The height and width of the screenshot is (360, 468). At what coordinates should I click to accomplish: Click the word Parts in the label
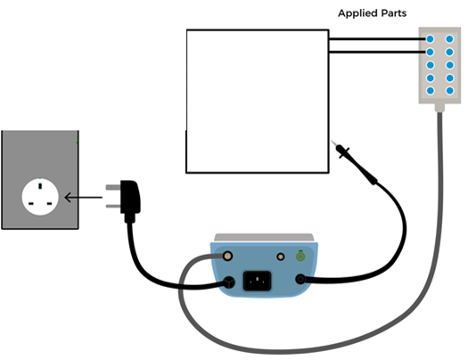tap(394, 13)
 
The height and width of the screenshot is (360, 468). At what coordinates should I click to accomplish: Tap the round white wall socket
tap(40, 197)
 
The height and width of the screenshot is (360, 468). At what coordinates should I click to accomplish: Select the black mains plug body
tap(130, 199)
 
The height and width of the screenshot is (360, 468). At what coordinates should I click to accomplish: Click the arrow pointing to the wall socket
tap(83, 197)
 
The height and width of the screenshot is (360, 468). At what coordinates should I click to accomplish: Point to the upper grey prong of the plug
tap(113, 187)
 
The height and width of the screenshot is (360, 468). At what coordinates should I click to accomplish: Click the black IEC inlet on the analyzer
tap(258, 281)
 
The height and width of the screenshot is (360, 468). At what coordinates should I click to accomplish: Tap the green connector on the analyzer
tap(300, 257)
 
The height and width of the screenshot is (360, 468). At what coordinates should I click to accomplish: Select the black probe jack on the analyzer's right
tap(300, 280)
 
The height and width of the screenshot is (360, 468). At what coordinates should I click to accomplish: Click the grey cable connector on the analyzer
tap(227, 256)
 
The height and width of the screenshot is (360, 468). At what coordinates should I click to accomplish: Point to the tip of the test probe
tap(332, 141)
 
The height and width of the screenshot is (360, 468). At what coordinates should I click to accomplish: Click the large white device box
tap(258, 101)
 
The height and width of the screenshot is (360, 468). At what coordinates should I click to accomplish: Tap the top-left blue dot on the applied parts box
tap(430, 39)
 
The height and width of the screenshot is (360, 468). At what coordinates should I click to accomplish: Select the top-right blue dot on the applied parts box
tap(449, 39)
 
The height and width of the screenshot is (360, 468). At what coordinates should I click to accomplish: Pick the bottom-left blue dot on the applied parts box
tap(430, 90)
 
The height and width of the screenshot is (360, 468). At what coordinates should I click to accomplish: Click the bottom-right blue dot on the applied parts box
tap(449, 90)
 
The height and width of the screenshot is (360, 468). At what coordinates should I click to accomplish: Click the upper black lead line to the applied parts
tap(378, 39)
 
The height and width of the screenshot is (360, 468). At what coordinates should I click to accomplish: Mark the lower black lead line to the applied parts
tap(378, 52)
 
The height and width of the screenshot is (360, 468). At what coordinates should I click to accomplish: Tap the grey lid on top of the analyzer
tap(264, 237)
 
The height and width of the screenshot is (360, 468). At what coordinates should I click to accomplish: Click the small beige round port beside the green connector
tap(281, 257)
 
